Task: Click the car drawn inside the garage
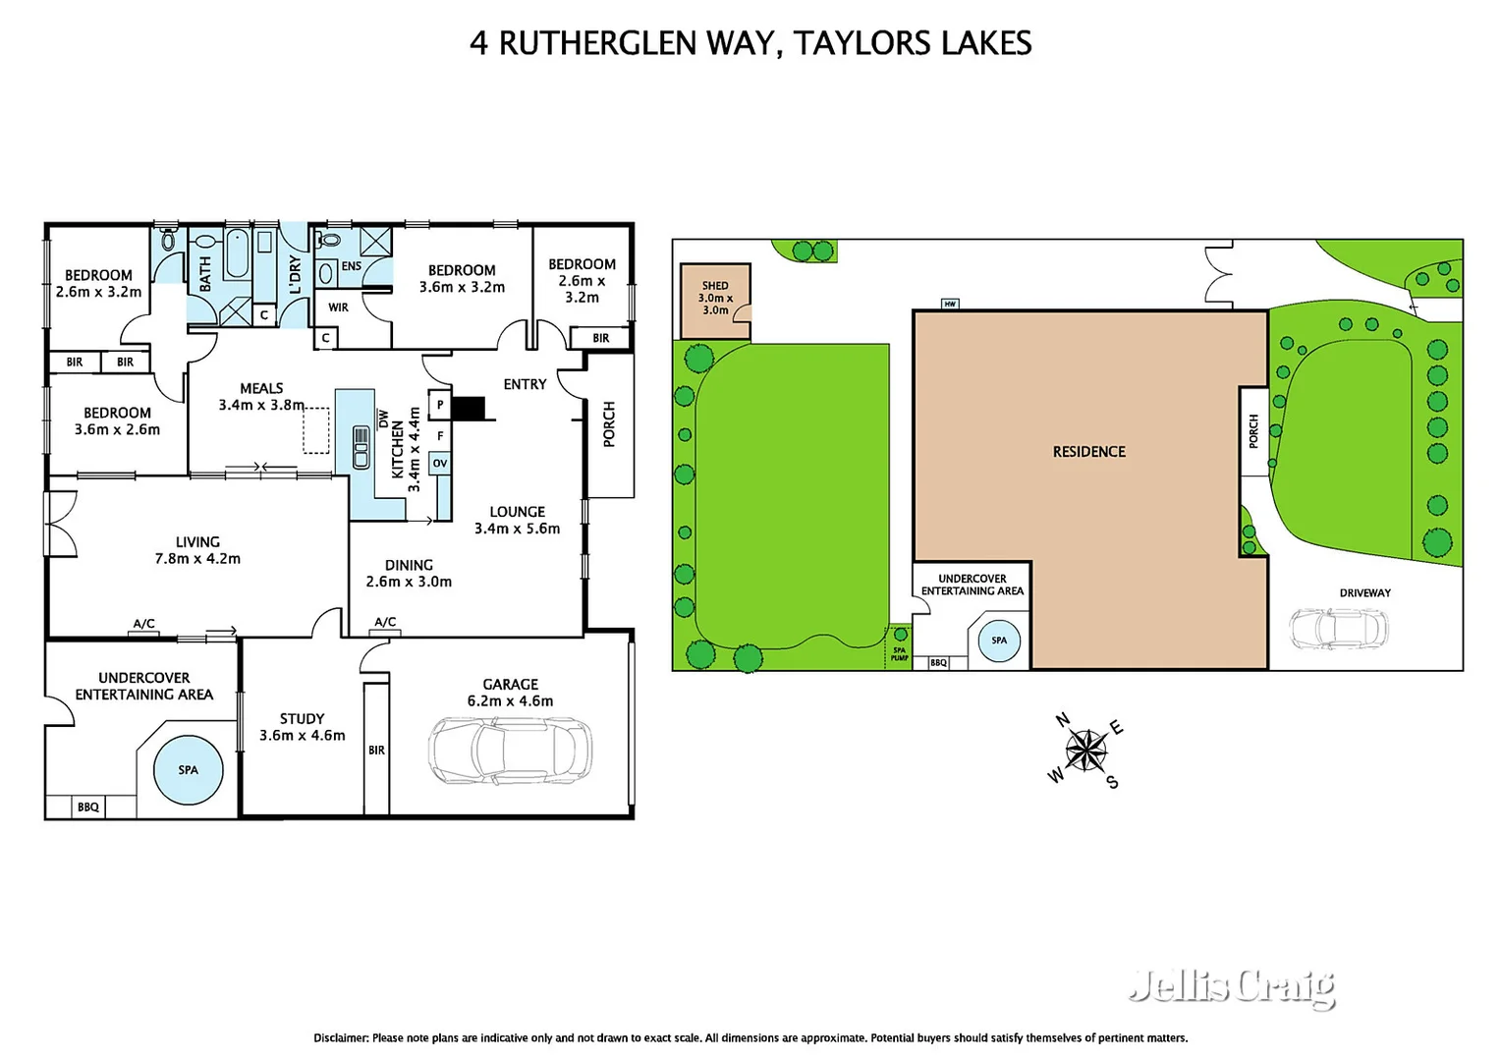click(510, 750)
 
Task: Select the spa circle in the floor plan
click(188, 770)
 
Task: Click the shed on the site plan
click(715, 299)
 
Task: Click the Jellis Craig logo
click(1232, 985)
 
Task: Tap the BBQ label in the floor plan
click(88, 807)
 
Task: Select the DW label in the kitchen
click(383, 419)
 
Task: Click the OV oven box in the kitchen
click(439, 463)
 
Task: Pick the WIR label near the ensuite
click(338, 307)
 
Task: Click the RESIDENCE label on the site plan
click(1088, 452)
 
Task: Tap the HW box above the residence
click(949, 304)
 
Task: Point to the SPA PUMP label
click(899, 653)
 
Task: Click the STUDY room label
click(302, 719)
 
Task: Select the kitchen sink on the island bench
click(361, 447)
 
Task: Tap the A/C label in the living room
click(143, 624)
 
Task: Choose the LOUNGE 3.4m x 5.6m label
click(517, 520)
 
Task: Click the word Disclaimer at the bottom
click(341, 1037)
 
